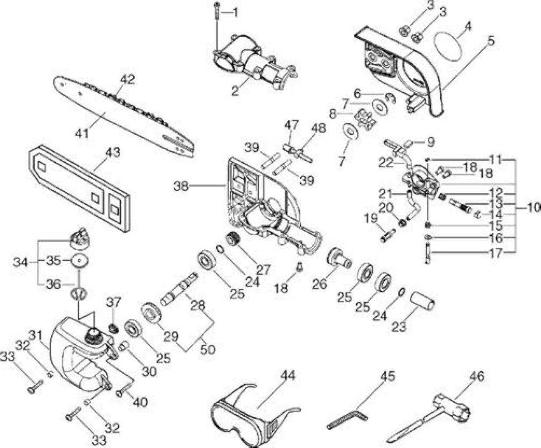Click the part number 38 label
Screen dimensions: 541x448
point(181,186)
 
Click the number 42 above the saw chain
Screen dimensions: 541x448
point(127,80)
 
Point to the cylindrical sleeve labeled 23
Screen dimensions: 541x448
point(422,301)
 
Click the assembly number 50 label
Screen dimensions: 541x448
point(207,350)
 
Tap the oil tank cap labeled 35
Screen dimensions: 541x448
point(81,261)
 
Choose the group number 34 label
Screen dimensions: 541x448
point(20,262)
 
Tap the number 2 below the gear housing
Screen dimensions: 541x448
point(235,91)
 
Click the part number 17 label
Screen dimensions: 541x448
point(495,253)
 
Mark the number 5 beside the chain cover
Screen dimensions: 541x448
point(491,41)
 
